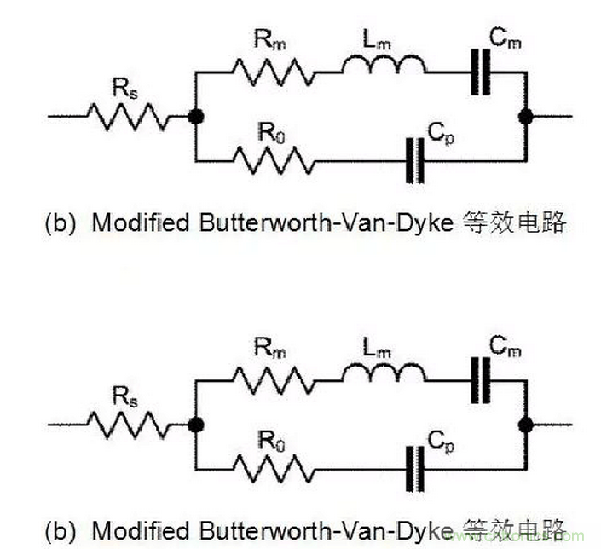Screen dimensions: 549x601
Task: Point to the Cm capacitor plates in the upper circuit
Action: (482, 72)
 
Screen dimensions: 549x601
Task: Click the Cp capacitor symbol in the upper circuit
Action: (415, 159)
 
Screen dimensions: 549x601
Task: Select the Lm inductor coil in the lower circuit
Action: (383, 373)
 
